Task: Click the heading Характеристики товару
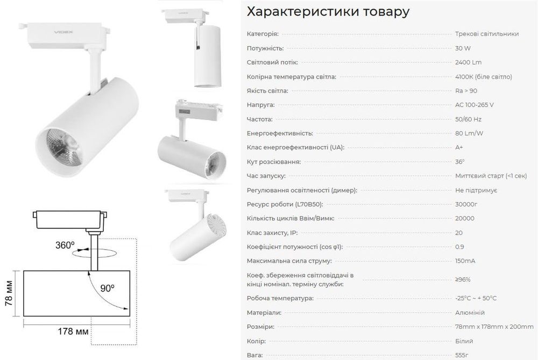coord(328,12)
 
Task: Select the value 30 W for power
coord(462,48)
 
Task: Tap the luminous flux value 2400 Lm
coord(468,62)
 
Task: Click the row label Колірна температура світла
coord(291,76)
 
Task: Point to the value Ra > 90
coord(466,90)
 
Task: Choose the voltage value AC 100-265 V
coord(474,104)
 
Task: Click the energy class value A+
coord(459,147)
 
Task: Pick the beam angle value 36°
coord(459,161)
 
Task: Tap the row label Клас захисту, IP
coord(272,232)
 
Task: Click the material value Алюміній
coord(470,313)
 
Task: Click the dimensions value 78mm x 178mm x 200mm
coord(495,327)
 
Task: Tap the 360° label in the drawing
coord(65,245)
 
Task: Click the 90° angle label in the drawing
coord(107,288)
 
